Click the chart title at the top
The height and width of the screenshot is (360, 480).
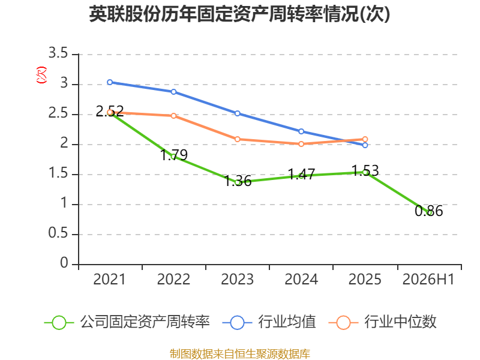click(x=239, y=14)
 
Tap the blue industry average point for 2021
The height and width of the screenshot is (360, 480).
click(x=110, y=82)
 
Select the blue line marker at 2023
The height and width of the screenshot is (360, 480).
click(x=237, y=113)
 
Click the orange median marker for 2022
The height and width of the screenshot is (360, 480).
click(x=173, y=116)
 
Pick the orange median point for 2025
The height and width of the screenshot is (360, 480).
click(x=365, y=139)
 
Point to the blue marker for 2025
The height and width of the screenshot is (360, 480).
click(x=365, y=145)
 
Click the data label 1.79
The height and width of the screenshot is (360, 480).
click(x=174, y=155)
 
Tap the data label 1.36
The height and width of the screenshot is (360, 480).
click(x=238, y=181)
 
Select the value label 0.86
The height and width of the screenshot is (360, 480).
click(x=428, y=211)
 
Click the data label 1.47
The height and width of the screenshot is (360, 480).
click(x=302, y=174)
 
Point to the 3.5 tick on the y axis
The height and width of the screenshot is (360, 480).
click(x=58, y=53)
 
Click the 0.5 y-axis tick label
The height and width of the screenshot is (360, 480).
click(x=58, y=233)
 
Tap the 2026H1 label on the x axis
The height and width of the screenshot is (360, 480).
click(x=428, y=280)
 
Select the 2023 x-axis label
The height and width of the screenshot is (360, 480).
click(x=237, y=280)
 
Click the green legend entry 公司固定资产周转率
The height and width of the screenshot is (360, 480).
click(x=127, y=322)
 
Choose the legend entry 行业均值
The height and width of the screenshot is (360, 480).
click(x=269, y=322)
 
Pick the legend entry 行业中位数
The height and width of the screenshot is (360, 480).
click(x=382, y=322)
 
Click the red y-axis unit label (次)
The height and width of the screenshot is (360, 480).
click(x=41, y=75)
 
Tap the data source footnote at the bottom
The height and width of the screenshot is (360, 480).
click(x=239, y=354)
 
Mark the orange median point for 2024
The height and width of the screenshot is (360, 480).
click(x=301, y=144)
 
